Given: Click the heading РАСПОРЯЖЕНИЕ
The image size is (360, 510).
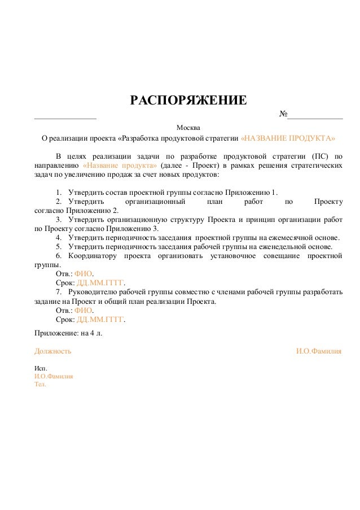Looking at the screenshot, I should [x=188, y=101].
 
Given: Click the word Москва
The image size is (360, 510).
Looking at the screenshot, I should [x=188, y=127].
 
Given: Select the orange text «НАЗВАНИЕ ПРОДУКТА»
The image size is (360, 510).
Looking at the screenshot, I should [x=288, y=138].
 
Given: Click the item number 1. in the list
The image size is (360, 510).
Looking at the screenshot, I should [x=59, y=191].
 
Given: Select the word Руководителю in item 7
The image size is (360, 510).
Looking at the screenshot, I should [x=94, y=293].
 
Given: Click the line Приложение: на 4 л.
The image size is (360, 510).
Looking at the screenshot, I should [x=68, y=333].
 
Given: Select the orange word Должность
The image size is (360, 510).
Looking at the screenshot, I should [x=53, y=351].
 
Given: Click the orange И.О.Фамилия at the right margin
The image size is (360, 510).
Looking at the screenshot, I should [x=319, y=351].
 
